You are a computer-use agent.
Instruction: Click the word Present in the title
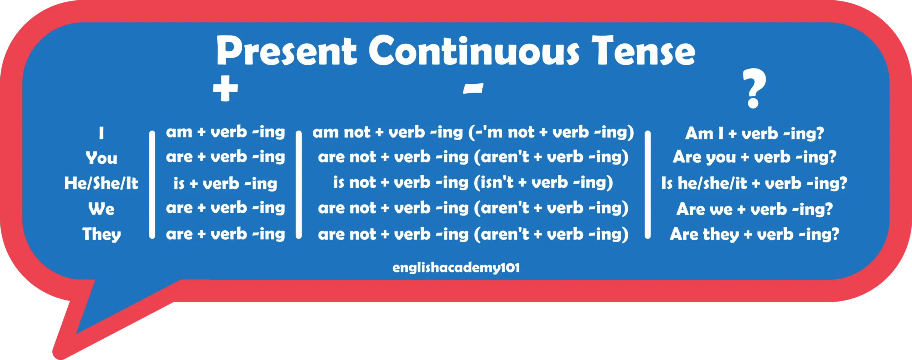[x=286, y=51]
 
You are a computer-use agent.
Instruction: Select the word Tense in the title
[x=643, y=51]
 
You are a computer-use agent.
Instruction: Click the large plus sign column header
[x=225, y=88]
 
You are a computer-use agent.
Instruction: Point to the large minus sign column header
[x=473, y=88]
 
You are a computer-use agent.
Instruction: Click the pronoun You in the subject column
[x=102, y=158]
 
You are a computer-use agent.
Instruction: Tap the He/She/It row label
[x=101, y=183]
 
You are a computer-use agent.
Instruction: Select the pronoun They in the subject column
[x=102, y=234]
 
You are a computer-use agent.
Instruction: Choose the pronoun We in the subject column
[x=102, y=209]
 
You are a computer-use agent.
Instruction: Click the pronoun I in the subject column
[x=102, y=133]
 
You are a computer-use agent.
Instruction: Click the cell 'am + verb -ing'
[x=226, y=132]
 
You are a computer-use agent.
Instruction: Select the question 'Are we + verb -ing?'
[x=755, y=209]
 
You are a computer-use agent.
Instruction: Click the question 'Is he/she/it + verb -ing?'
[x=754, y=183]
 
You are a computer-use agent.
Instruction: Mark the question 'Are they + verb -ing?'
[x=755, y=234]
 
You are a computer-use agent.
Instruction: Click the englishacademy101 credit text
[x=456, y=268]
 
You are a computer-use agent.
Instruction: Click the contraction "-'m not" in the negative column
[x=505, y=132]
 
